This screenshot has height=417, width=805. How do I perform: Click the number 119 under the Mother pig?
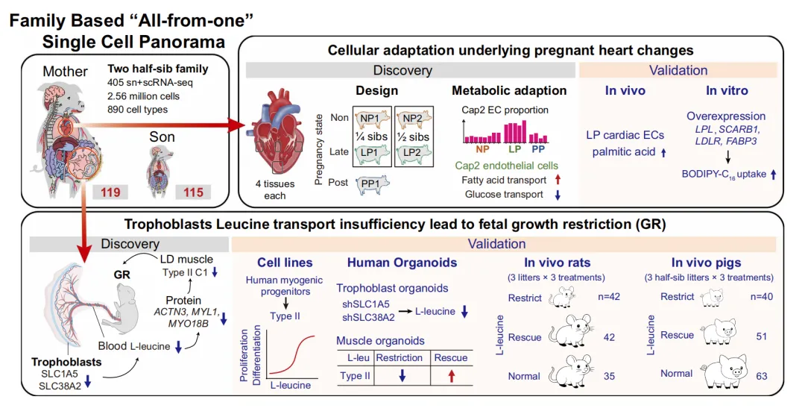coord(111,192)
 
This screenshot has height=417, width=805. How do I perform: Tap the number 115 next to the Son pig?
coord(194,192)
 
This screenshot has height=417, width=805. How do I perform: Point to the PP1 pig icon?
coord(367,182)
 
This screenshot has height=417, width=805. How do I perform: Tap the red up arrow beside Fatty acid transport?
coord(558,180)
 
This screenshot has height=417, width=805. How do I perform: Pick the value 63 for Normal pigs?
coord(761,376)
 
